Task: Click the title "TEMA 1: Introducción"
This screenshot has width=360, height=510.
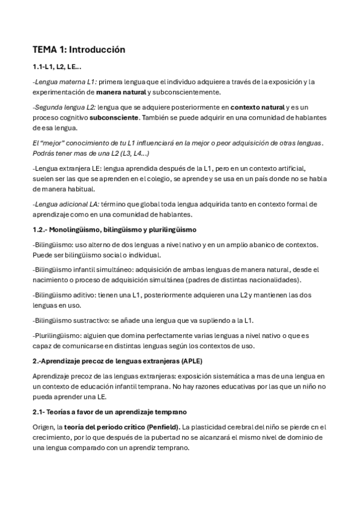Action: (x=79, y=50)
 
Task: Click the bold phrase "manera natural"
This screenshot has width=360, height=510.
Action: (x=121, y=93)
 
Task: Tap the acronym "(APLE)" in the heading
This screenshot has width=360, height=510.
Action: (x=191, y=361)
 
